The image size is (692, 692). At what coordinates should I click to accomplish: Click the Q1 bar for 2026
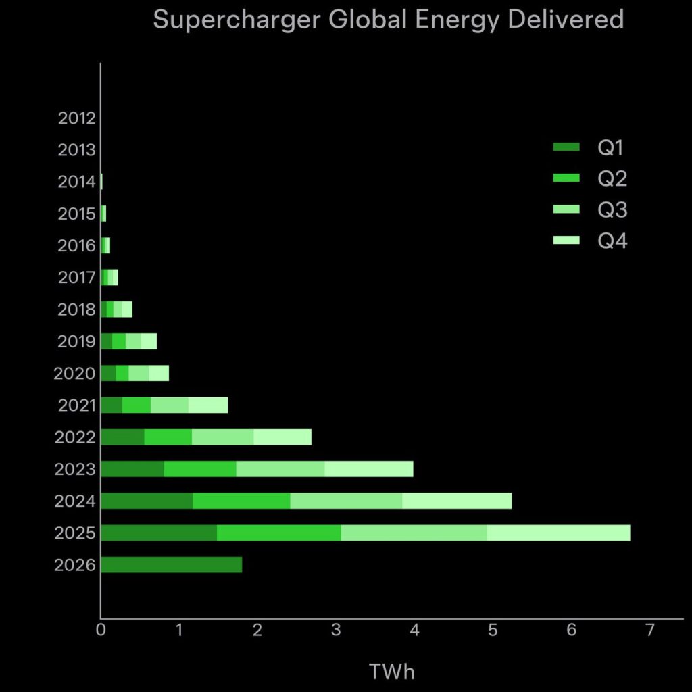(x=171, y=564)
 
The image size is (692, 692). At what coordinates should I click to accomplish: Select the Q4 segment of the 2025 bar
(x=558, y=533)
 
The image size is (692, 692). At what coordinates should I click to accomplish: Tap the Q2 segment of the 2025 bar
(x=278, y=533)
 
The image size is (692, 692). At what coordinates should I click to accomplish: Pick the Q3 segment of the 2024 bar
(x=346, y=501)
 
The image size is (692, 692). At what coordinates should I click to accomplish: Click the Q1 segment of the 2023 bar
(x=132, y=469)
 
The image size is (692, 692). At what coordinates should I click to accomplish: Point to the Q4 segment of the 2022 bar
(x=282, y=437)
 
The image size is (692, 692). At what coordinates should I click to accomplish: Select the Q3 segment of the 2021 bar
(x=169, y=405)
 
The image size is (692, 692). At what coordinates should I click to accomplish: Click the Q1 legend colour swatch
(x=566, y=147)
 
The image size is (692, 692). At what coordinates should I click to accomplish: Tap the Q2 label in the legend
(x=612, y=179)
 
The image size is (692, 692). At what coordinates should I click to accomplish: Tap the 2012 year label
(x=76, y=118)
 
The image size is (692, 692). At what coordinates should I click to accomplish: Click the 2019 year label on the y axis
(x=76, y=341)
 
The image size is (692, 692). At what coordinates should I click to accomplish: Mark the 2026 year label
(x=75, y=565)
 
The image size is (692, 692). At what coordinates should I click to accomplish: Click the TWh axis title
(x=392, y=672)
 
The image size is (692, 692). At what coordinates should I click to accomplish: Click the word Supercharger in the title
(x=237, y=20)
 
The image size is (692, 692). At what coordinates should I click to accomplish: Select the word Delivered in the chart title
(x=565, y=20)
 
